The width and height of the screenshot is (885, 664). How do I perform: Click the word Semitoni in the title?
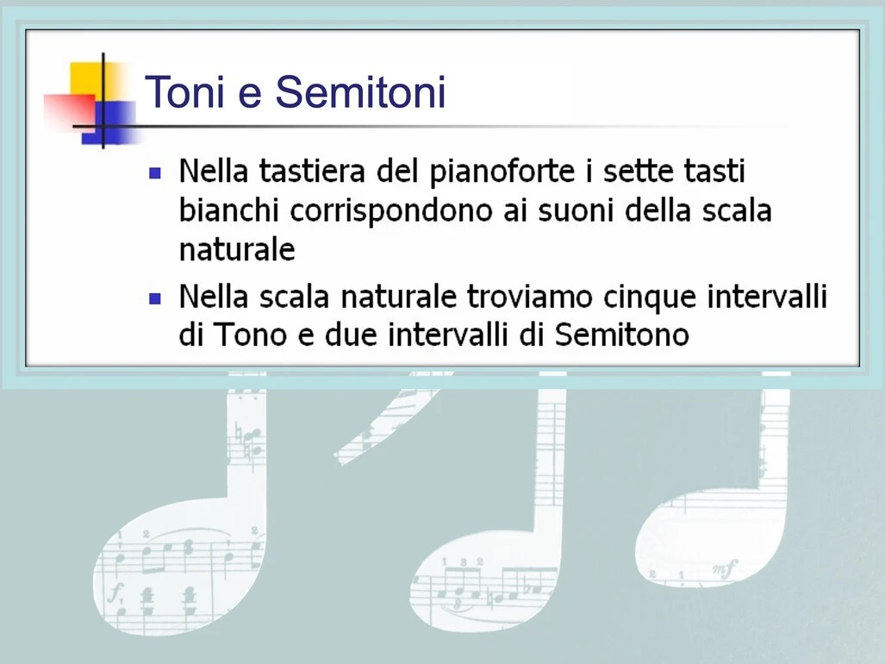pyautogui.click(x=361, y=91)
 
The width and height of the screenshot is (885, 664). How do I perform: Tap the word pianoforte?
pyautogui.click(x=502, y=172)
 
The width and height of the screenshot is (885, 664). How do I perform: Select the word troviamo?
pyautogui.click(x=530, y=297)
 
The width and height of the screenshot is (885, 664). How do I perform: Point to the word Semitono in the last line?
pyautogui.click(x=622, y=335)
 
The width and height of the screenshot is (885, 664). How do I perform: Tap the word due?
pyautogui.click(x=351, y=335)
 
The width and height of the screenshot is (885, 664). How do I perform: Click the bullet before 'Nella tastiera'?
pyautogui.click(x=155, y=172)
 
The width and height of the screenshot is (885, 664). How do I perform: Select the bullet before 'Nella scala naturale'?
pyautogui.click(x=155, y=298)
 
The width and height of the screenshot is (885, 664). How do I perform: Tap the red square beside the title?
pyautogui.click(x=70, y=110)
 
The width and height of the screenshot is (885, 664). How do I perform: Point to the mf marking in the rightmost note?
pyautogui.click(x=724, y=568)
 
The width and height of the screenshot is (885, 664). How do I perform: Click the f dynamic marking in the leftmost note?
pyautogui.click(x=115, y=592)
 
